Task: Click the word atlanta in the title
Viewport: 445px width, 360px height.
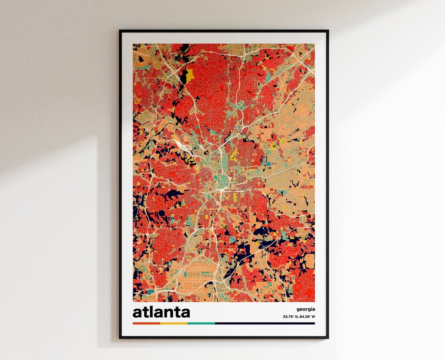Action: click(161, 312)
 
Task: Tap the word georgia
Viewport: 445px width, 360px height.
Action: click(305, 309)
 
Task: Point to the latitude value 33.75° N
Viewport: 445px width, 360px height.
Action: click(292, 317)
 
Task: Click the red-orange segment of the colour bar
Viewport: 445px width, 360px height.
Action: click(146, 323)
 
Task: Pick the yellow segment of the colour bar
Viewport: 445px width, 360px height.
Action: click(173, 323)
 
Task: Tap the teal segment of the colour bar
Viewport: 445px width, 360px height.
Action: click(201, 323)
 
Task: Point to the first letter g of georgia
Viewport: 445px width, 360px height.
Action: click(297, 309)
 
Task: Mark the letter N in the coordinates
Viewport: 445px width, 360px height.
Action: click(297, 317)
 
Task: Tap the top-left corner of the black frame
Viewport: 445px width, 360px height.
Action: click(120, 30)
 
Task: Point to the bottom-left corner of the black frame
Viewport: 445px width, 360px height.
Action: click(120, 338)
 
